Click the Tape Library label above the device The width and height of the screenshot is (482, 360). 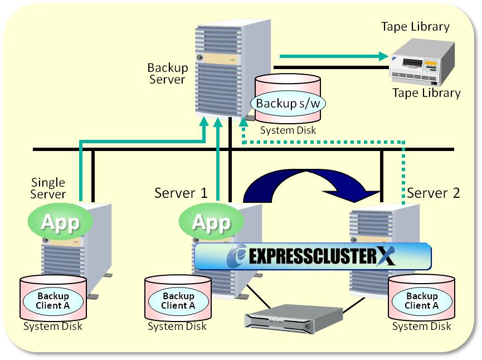[x=415, y=27]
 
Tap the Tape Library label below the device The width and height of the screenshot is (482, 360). [x=426, y=93]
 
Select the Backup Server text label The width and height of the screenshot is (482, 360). [x=167, y=74]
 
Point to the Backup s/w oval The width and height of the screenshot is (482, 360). [x=288, y=103]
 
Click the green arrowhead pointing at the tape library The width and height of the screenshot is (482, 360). [x=383, y=56]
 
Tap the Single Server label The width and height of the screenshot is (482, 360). [x=48, y=188]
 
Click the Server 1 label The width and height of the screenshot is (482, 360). [x=181, y=193]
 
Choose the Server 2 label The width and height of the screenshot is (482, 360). [x=434, y=193]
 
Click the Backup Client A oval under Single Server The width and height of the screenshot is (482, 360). [x=52, y=301]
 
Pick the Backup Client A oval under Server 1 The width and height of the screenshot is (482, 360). [x=178, y=301]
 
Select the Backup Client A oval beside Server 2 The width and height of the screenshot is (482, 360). [x=421, y=301]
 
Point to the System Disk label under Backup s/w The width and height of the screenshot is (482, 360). [x=288, y=130]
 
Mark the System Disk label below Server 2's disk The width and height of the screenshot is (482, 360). [x=421, y=327]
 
